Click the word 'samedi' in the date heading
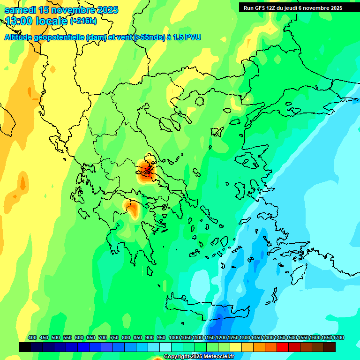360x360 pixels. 18,10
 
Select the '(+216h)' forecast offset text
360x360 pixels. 83,21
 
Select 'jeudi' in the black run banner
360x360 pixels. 295,8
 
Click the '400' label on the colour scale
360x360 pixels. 32,337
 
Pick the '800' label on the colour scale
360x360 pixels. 126,337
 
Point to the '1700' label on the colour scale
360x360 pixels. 338,337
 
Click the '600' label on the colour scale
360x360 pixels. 79,337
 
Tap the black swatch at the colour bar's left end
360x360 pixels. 25,347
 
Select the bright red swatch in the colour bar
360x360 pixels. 283,347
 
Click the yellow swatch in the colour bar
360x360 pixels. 236,347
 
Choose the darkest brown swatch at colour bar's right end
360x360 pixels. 330,347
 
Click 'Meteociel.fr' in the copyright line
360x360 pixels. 217,357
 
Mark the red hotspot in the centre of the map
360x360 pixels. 147,172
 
